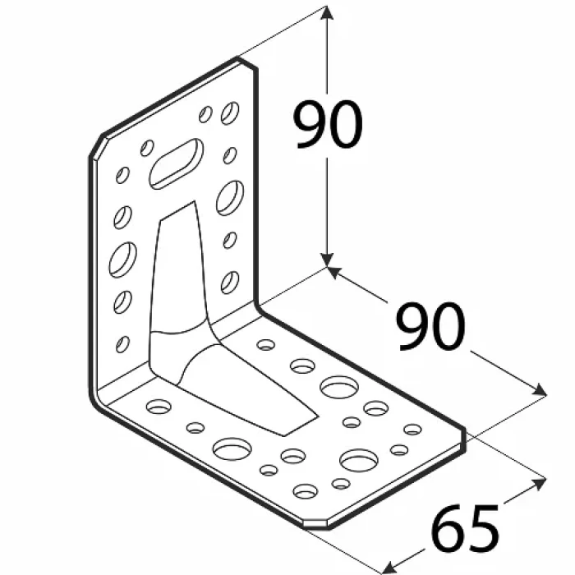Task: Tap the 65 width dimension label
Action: point(465,527)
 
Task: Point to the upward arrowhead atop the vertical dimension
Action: point(326,13)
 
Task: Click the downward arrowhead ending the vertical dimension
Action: point(326,260)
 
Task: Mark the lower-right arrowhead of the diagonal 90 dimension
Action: point(538,390)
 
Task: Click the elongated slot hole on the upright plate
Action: point(177,163)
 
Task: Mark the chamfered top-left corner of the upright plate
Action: point(96,146)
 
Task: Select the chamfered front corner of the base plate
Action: point(316,524)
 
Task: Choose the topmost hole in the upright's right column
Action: point(230,113)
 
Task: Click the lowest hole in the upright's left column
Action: point(123,344)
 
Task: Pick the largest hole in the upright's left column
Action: point(123,260)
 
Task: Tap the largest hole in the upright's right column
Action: point(230,198)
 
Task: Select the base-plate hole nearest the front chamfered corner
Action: point(306,491)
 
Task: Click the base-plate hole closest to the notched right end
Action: point(412,430)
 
